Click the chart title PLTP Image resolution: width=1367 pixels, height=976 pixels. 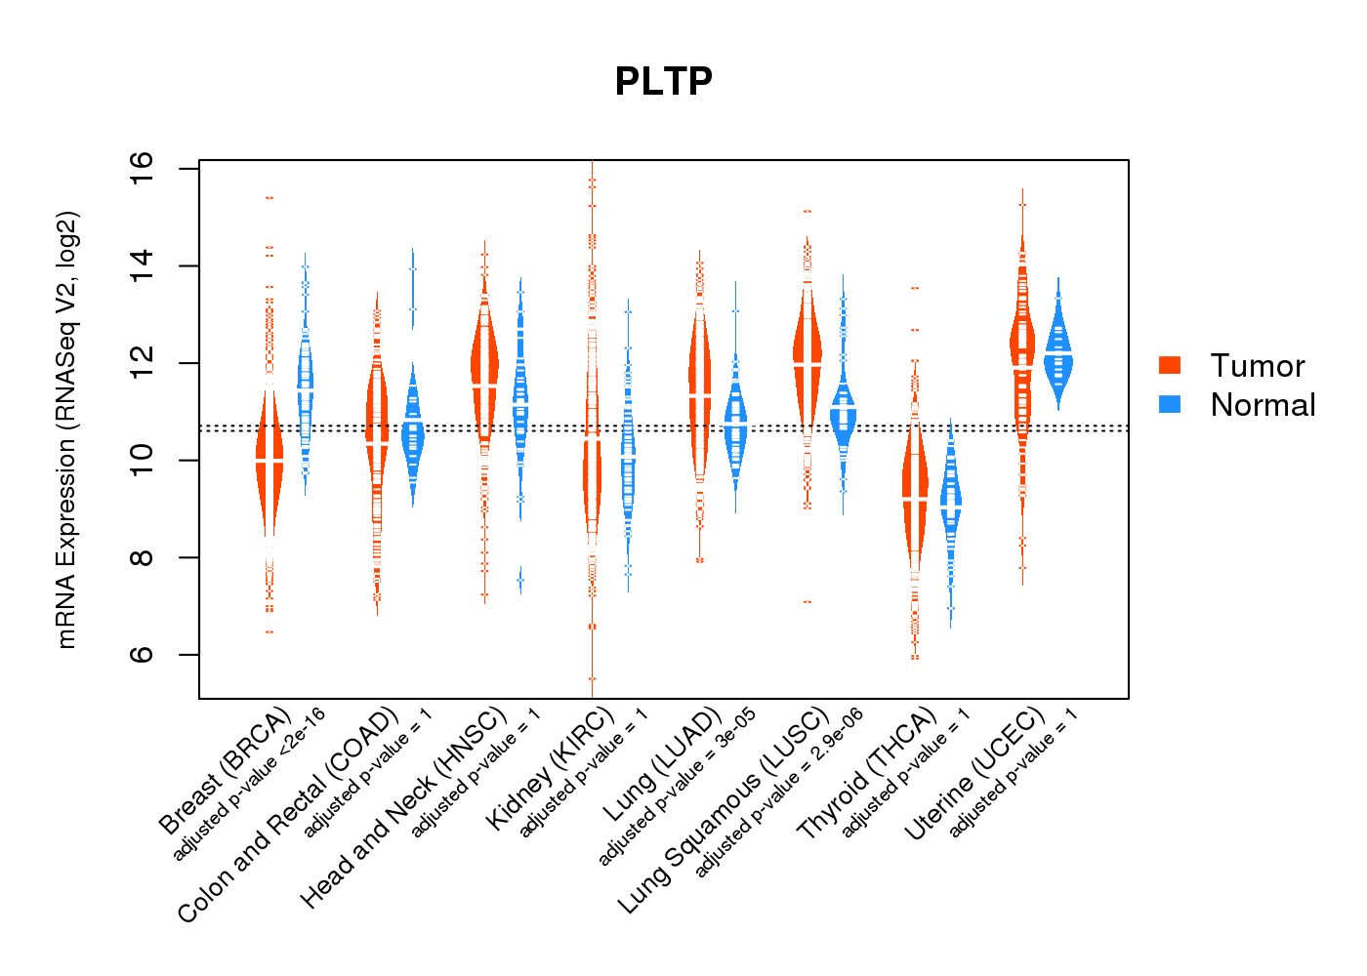[664, 81]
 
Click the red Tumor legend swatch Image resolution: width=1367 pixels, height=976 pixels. [1170, 365]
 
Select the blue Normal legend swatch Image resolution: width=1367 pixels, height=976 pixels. [1170, 404]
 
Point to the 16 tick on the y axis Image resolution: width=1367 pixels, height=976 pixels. [142, 168]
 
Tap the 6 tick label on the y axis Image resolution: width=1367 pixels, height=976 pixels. [142, 654]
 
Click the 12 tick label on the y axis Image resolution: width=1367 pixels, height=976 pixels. [142, 362]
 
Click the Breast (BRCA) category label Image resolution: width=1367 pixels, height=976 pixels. [225, 771]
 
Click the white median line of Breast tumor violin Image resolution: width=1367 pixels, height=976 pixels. [269, 459]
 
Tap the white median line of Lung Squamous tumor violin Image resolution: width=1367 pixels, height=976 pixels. [808, 363]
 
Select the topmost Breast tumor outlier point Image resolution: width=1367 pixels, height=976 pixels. [269, 198]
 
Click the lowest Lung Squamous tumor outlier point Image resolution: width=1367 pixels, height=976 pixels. [808, 602]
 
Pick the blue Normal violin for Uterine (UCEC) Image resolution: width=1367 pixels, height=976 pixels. [1057, 356]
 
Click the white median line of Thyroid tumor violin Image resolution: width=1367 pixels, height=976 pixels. [915, 498]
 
